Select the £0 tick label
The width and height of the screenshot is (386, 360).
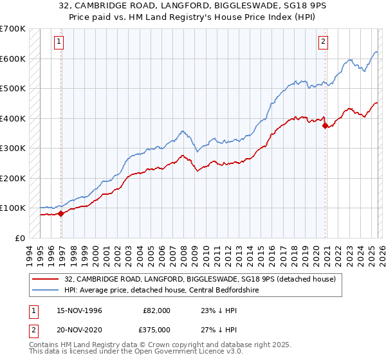point(20,238)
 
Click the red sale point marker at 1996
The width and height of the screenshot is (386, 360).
point(60,213)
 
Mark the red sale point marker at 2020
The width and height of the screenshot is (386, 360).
point(325,126)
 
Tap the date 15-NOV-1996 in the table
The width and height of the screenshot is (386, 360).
point(79,310)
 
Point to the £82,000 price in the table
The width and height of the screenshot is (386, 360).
point(157,310)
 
